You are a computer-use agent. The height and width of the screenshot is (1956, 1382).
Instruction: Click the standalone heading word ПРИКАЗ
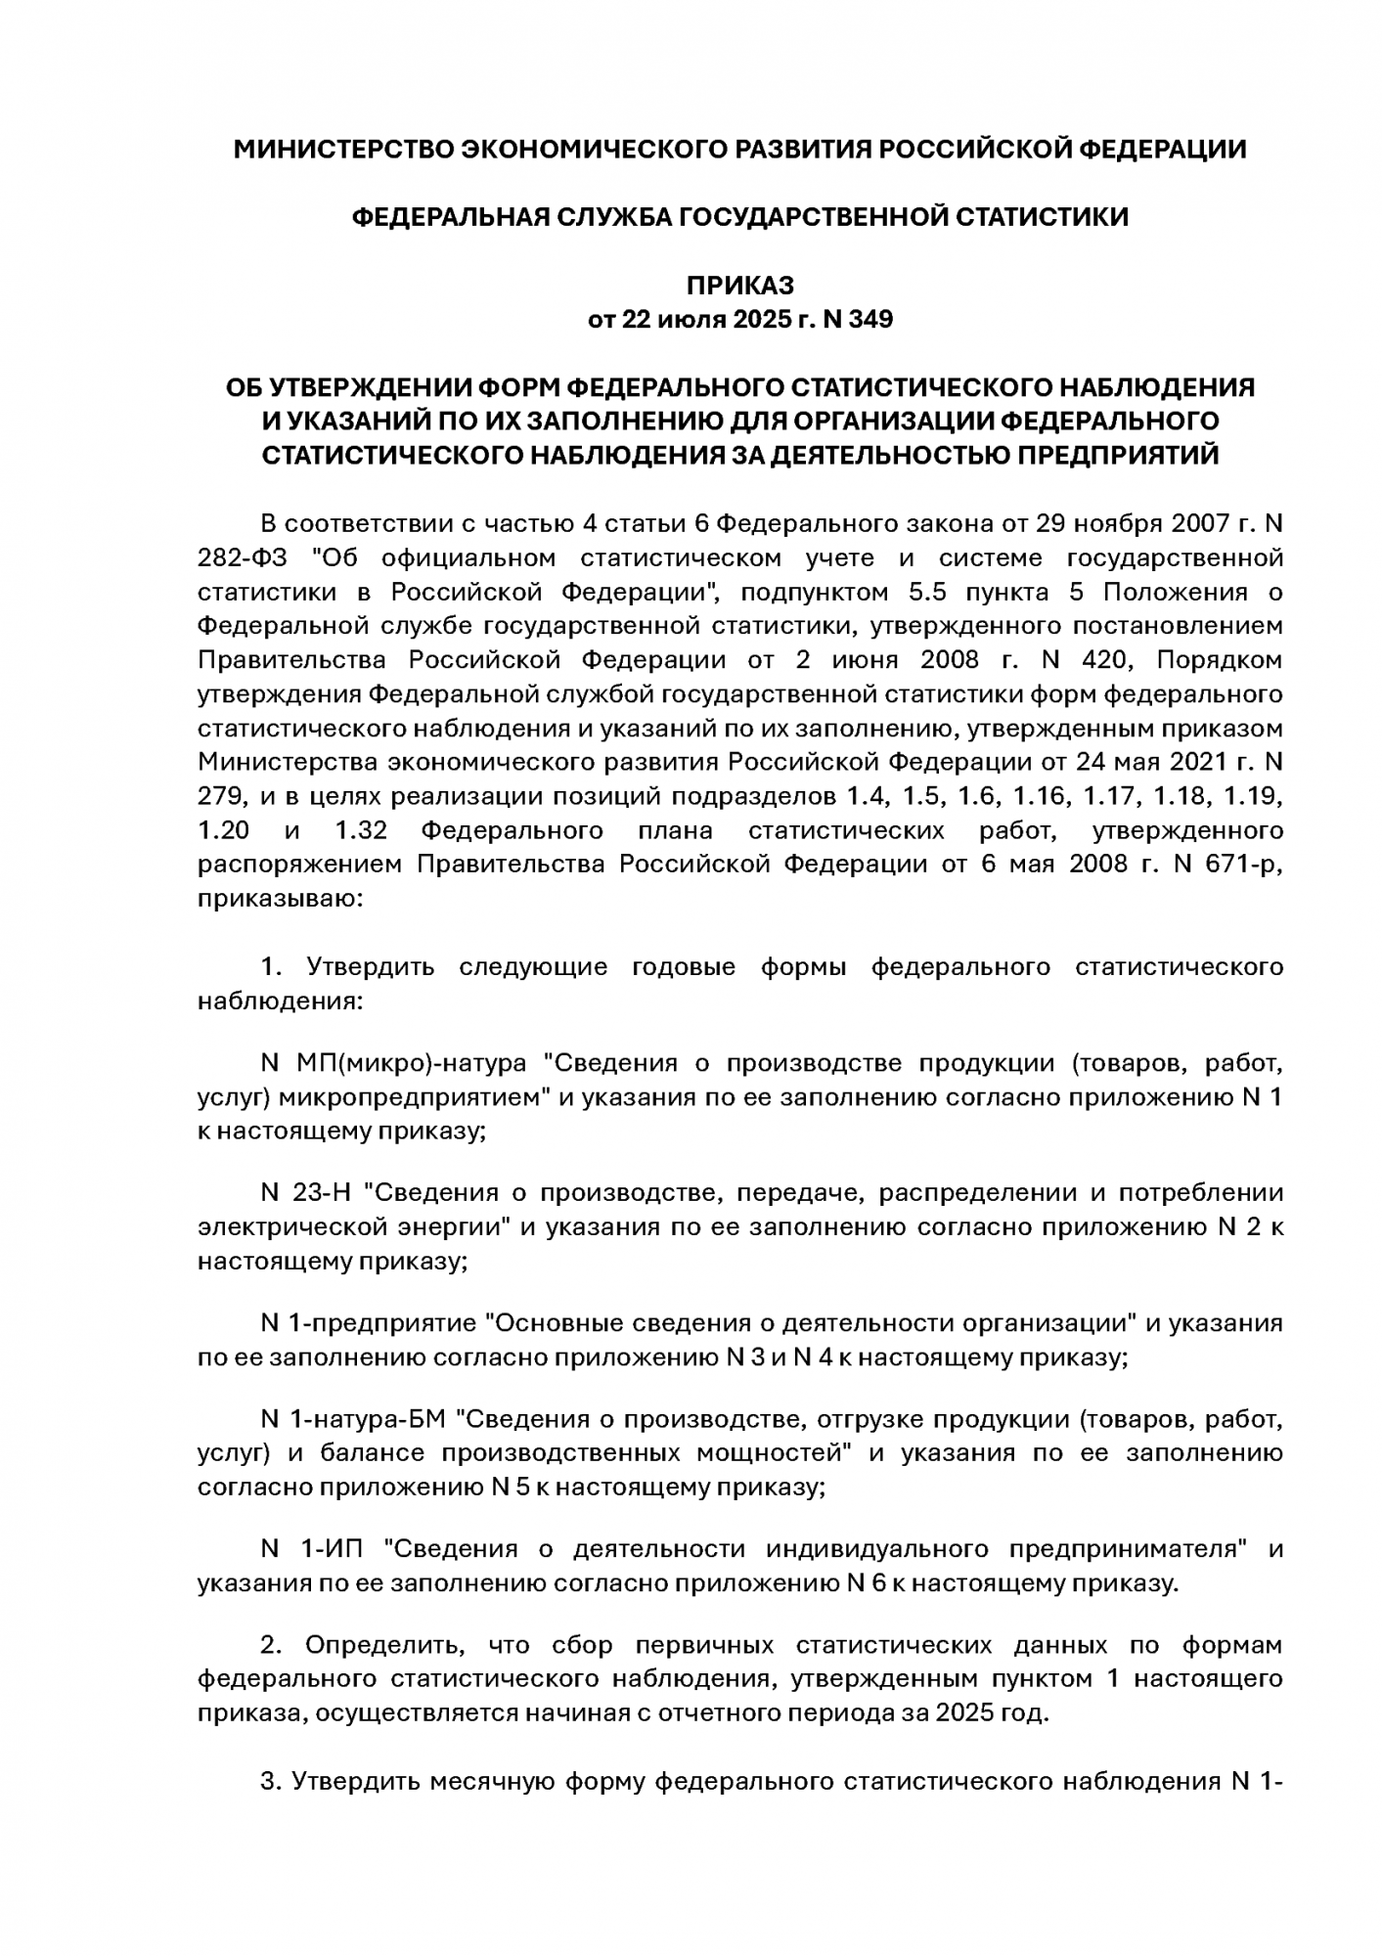tap(739, 286)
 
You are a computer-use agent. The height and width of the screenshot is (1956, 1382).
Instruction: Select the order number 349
tap(870, 320)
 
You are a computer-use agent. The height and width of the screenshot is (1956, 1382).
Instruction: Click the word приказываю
tap(279, 899)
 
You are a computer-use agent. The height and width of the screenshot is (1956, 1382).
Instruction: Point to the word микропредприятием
tap(415, 1097)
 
